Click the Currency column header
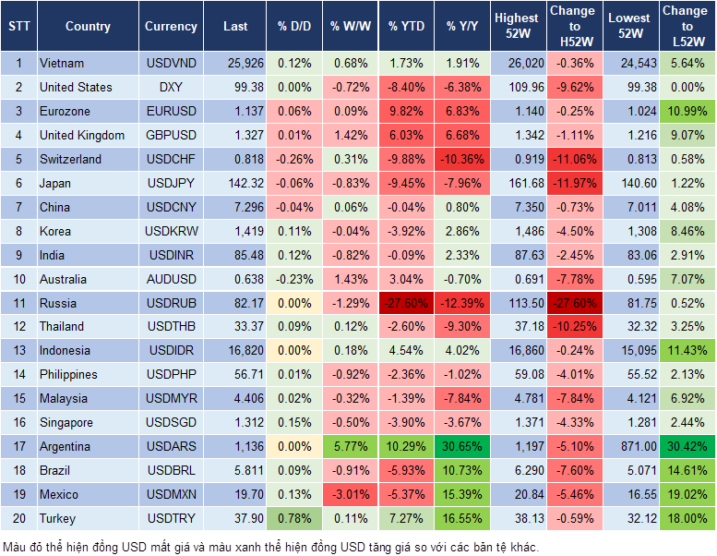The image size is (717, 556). point(171,27)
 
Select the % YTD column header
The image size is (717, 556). point(407,27)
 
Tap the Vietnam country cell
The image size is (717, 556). point(62,63)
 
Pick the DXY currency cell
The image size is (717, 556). point(171,87)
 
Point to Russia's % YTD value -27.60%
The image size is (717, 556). point(407,303)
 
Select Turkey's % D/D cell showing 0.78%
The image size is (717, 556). point(293,519)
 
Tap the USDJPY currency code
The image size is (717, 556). point(171,183)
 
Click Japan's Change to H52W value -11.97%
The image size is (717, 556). point(572,183)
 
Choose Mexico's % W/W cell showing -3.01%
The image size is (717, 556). point(350,495)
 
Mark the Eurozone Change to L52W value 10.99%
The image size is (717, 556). point(686,111)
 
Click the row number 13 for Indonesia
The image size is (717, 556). point(18,351)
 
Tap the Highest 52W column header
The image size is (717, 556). point(517,27)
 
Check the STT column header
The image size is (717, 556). point(18,27)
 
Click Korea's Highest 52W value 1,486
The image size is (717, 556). point(517,231)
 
